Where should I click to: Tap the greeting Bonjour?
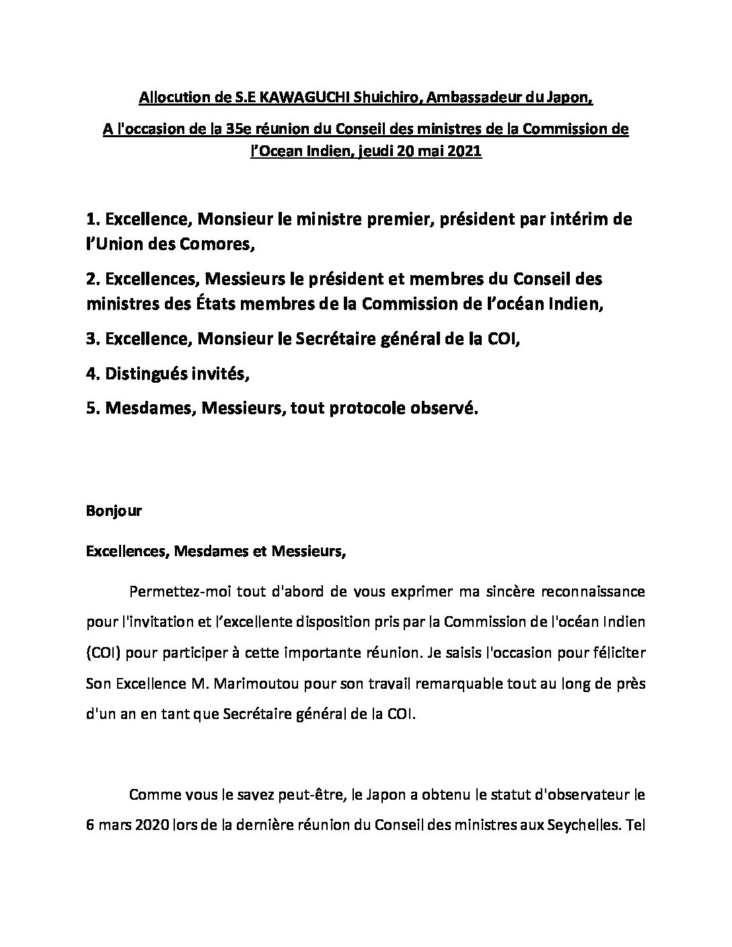pos(114,510)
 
